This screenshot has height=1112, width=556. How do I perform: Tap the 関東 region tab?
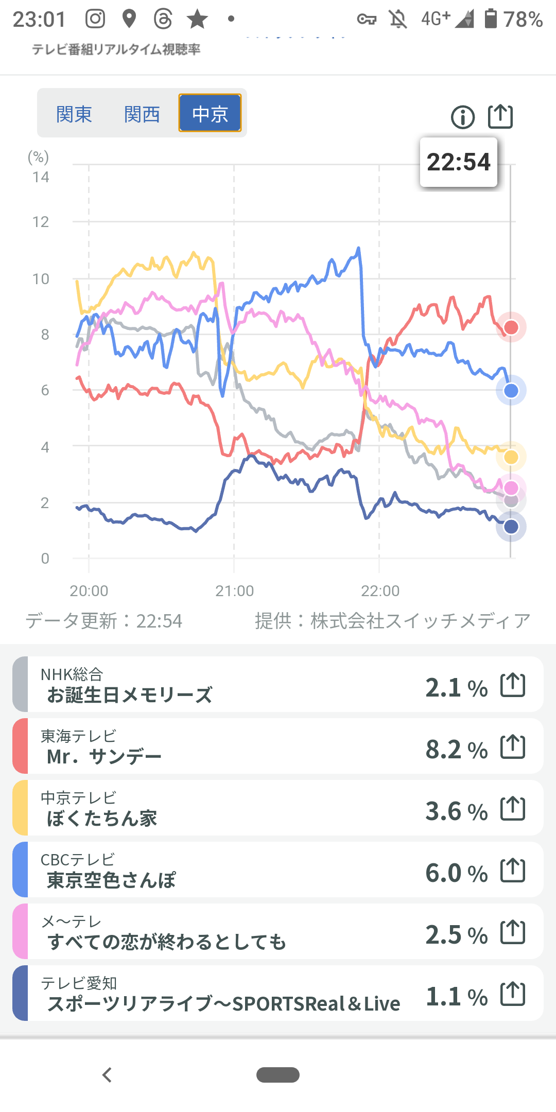[74, 114]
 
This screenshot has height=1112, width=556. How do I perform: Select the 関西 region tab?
[142, 114]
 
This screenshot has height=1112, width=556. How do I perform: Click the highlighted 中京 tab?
[210, 113]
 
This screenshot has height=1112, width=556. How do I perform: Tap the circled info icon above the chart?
[462, 117]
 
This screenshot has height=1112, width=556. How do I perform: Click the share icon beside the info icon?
[500, 116]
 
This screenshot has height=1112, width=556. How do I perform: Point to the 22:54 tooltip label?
[459, 162]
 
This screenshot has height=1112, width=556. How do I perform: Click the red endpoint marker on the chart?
[511, 327]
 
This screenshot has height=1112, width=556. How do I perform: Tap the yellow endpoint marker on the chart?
[511, 457]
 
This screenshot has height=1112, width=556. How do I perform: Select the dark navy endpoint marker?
[511, 527]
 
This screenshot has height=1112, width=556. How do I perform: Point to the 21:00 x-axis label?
[235, 591]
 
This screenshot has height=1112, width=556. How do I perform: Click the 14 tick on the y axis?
[41, 178]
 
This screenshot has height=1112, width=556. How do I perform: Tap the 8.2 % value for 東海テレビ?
[456, 750]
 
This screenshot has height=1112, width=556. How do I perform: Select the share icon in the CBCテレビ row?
[513, 871]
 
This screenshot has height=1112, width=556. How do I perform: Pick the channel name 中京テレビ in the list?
[79, 797]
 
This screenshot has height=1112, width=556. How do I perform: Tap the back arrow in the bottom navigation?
[107, 1075]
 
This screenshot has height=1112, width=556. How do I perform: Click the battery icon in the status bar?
[491, 19]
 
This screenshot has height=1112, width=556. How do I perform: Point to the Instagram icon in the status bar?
[95, 19]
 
